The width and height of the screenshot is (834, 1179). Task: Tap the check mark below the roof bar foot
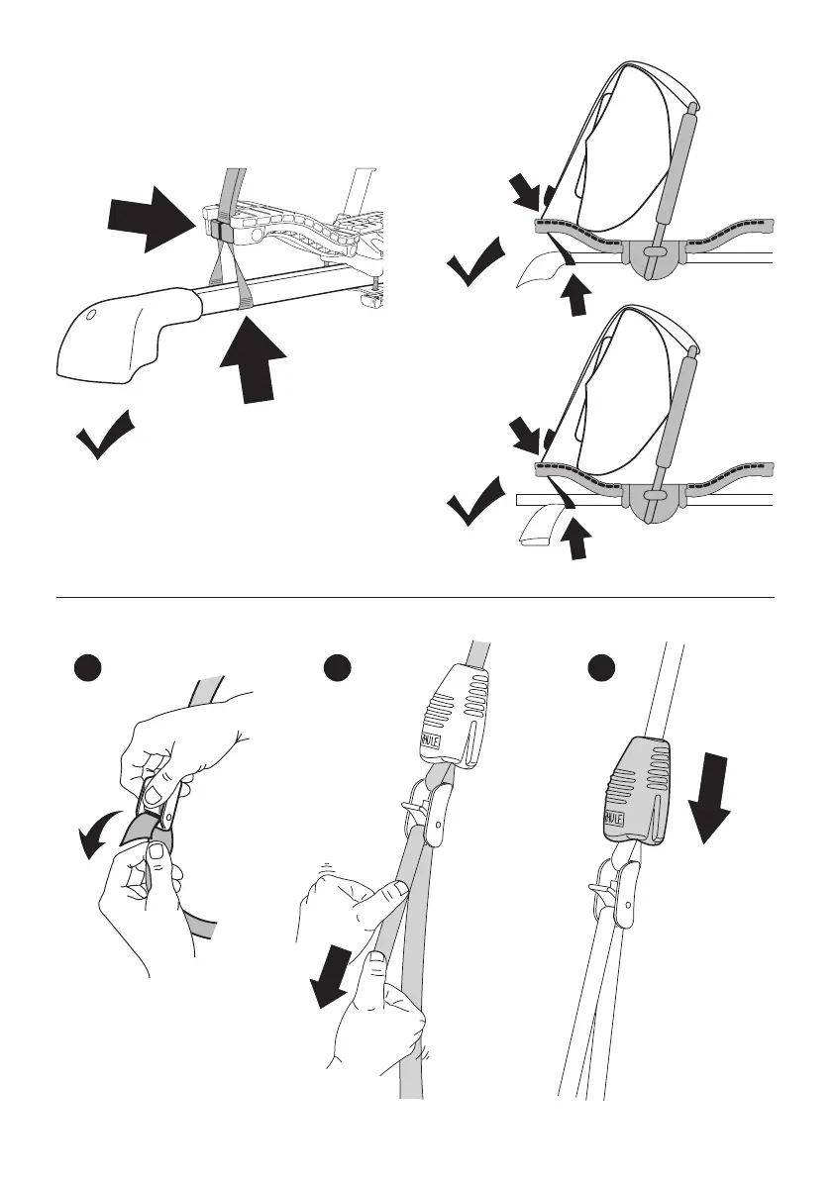click(104, 437)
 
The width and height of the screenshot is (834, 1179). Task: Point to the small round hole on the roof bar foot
click(89, 317)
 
